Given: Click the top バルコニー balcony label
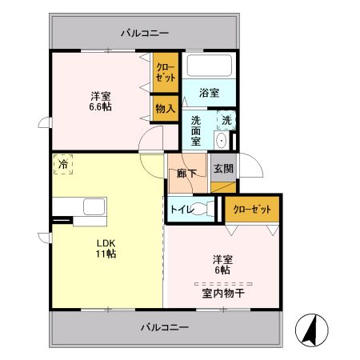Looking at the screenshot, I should click(145, 33).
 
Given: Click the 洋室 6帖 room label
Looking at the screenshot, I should click(222, 264).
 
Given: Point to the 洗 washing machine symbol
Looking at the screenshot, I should click(226, 120).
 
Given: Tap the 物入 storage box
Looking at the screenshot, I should click(166, 107).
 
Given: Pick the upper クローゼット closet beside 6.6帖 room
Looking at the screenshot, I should click(166, 73).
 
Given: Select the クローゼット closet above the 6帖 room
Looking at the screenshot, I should click(252, 209).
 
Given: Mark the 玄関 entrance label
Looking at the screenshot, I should click(223, 169).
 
